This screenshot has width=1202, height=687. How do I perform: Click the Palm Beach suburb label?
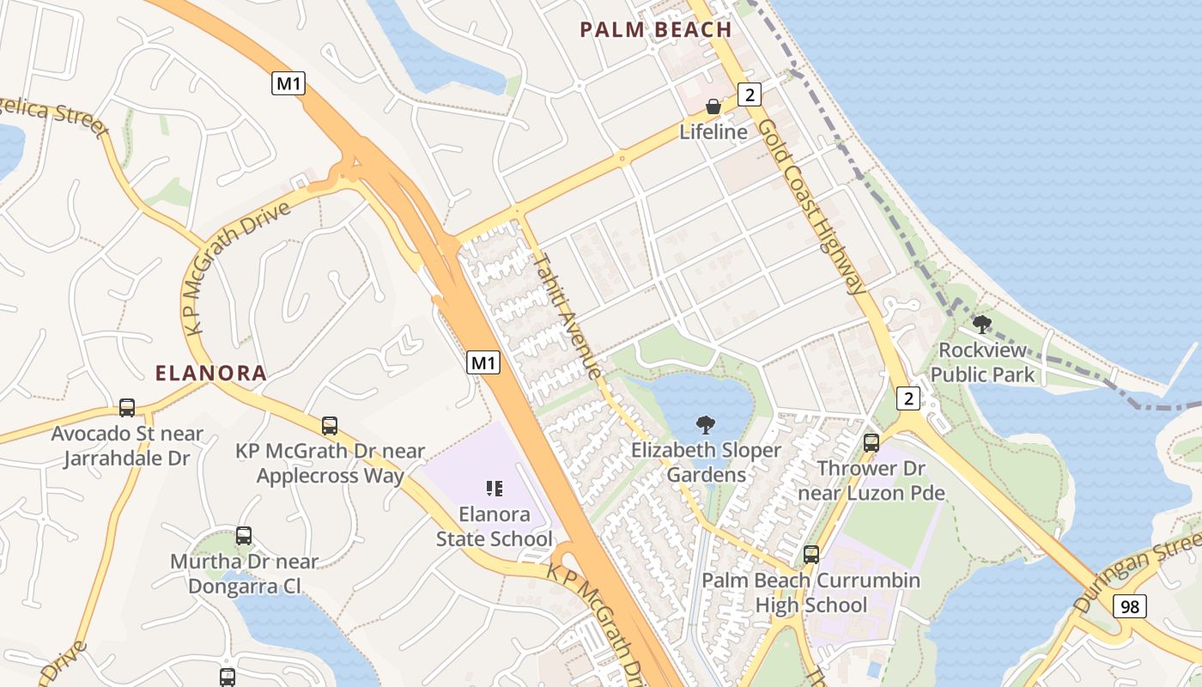tap(656, 30)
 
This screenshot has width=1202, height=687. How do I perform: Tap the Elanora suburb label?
tap(211, 374)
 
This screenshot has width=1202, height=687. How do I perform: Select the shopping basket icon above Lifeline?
tap(713, 107)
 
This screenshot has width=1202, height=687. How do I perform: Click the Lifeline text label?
tap(713, 131)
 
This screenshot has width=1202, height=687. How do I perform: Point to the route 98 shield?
tap(1130, 606)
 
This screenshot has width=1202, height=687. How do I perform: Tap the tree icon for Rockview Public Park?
tap(981, 325)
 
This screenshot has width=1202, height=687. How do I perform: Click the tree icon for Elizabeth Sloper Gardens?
tap(706, 424)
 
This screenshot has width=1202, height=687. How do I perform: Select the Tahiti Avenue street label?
tap(568, 315)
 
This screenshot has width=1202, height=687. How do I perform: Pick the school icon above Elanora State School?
tap(494, 489)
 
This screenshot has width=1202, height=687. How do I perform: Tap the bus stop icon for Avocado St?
tap(127, 407)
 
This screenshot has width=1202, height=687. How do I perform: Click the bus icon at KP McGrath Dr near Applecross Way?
tap(330, 425)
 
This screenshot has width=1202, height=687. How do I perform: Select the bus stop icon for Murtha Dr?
tap(244, 536)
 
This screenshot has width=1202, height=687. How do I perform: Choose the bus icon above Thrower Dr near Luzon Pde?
tap(871, 443)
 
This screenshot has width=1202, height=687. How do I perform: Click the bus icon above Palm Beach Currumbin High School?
tap(811, 555)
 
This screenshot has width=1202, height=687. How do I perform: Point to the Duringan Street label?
tap(1137, 570)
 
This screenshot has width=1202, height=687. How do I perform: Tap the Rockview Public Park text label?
tap(982, 362)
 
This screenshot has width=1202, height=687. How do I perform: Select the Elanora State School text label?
tap(495, 527)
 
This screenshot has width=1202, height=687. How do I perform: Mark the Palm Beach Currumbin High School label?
tap(811, 593)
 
